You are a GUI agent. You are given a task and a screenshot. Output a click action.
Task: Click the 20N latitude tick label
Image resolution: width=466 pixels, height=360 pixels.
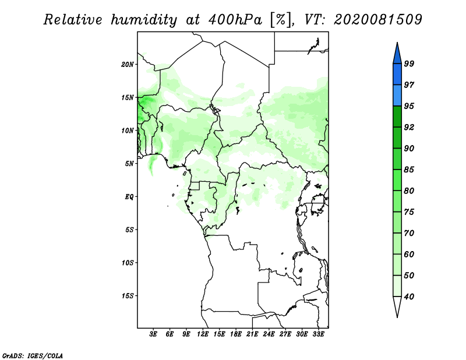[128, 64]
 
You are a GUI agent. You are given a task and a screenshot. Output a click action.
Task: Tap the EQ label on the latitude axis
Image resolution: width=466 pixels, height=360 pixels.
[129, 196]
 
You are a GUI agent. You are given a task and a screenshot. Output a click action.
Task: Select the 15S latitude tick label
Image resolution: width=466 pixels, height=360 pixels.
[128, 296]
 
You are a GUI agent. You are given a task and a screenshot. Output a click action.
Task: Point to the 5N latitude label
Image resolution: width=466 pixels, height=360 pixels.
[129, 164]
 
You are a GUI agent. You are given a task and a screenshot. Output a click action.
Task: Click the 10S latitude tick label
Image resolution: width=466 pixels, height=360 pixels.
[128, 263]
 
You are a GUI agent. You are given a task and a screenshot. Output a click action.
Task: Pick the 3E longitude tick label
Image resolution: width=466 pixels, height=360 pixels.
[153, 334]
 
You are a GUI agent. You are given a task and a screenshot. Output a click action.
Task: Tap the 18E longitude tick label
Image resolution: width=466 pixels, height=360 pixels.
[236, 334]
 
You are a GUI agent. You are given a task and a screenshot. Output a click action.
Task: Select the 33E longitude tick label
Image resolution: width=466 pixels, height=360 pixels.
[318, 334]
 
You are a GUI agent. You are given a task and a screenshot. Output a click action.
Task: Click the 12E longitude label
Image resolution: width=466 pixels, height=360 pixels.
[203, 334]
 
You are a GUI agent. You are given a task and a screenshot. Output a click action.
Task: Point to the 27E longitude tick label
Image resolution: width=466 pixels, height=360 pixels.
[285, 334]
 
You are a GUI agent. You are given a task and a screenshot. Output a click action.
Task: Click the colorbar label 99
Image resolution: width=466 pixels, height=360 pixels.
[409, 63]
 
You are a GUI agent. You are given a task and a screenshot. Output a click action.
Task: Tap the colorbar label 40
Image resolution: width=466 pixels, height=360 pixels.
[409, 297]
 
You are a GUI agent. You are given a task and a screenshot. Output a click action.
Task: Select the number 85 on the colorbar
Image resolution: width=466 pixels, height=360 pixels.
[409, 170]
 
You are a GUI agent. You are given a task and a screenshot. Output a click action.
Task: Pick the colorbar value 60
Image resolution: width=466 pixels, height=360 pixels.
[409, 254]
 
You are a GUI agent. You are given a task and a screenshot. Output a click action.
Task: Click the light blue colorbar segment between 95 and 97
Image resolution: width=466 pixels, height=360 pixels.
[397, 96]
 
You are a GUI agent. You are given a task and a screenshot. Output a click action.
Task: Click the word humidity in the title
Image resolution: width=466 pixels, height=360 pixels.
[144, 20]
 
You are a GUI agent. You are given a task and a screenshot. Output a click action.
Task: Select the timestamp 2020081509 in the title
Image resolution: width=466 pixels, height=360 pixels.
[377, 20]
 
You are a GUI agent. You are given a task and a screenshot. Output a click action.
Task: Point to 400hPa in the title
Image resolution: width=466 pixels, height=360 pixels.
[235, 20]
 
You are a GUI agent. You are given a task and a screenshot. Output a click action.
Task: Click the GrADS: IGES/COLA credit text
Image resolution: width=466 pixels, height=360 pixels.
[33, 355]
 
